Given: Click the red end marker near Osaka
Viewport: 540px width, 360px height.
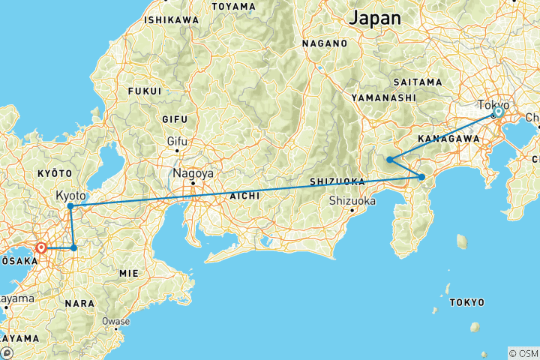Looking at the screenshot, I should pyautogui.click(x=42, y=247).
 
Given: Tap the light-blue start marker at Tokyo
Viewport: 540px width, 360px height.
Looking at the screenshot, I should pyautogui.click(x=497, y=112).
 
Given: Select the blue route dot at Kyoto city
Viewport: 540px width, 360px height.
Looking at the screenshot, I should pyautogui.click(x=70, y=205).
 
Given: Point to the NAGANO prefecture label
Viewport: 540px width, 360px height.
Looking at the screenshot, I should pyautogui.click(x=325, y=44).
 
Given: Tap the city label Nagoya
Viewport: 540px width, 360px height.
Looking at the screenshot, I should pyautogui.click(x=194, y=173).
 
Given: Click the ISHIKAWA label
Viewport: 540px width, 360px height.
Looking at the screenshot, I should pyautogui.click(x=172, y=19).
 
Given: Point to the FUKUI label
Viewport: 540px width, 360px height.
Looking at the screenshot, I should pyautogui.click(x=145, y=91).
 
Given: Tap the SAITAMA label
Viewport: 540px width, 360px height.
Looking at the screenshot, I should pyautogui.click(x=417, y=81).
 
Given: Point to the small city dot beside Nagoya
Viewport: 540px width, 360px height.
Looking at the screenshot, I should pyautogui.click(x=193, y=183).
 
